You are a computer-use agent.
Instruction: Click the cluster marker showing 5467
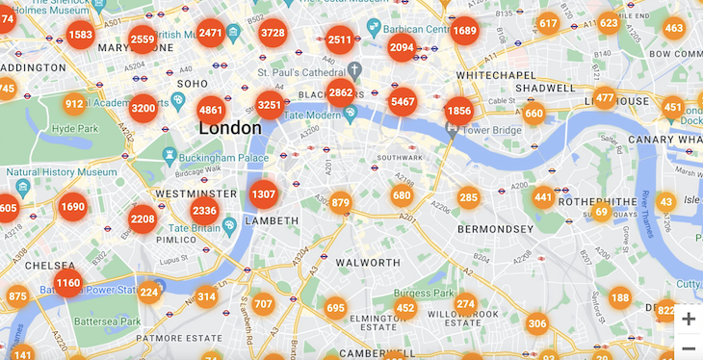(403, 102)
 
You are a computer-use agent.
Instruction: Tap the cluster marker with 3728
(273, 34)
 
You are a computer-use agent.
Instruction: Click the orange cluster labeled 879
(340, 203)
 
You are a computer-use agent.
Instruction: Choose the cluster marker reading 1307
(263, 194)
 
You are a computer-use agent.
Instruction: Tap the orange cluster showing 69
(602, 212)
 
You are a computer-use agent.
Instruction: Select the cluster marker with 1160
(68, 284)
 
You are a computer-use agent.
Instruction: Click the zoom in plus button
(688, 319)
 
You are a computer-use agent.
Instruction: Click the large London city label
(229, 128)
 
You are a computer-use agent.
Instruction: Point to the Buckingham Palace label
(225, 158)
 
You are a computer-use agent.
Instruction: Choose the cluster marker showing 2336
(204, 211)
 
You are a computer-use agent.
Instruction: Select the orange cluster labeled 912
(74, 104)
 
